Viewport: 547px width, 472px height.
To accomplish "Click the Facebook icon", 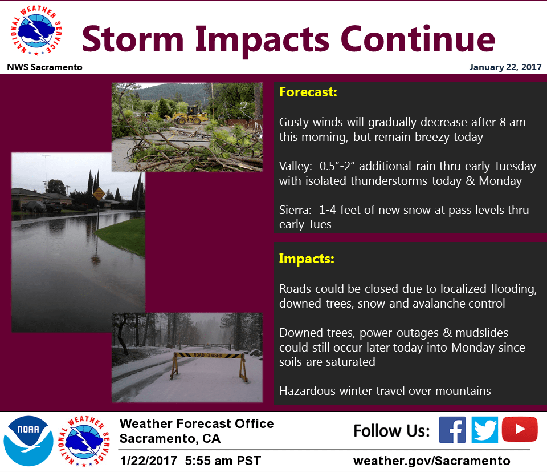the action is [452, 430].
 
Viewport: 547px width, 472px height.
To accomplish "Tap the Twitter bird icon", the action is [484, 430].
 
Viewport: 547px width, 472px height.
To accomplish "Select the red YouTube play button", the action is [520, 429].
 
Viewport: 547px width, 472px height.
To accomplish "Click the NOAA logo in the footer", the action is [28, 441].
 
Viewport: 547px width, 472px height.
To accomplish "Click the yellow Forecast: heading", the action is [308, 92].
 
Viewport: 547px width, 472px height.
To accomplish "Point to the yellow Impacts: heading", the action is [307, 259].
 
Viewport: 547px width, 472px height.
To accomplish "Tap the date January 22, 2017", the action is [505, 67].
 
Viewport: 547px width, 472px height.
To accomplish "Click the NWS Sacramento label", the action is [44, 67].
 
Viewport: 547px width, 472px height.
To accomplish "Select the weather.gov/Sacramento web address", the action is [431, 461].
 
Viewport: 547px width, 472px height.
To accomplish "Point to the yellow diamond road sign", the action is [99, 193].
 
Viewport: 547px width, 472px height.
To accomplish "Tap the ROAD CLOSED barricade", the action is [209, 366].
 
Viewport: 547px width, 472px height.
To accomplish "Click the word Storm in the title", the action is [133, 39].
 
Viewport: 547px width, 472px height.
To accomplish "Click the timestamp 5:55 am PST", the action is [223, 461].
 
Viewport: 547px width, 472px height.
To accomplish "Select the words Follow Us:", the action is [391, 431].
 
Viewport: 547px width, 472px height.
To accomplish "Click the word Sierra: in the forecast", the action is [295, 210].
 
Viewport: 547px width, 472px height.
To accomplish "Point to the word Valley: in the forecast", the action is [296, 166].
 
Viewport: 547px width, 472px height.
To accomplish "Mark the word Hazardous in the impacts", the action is [307, 390].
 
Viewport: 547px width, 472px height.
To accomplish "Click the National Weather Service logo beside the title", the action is [36, 30].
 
